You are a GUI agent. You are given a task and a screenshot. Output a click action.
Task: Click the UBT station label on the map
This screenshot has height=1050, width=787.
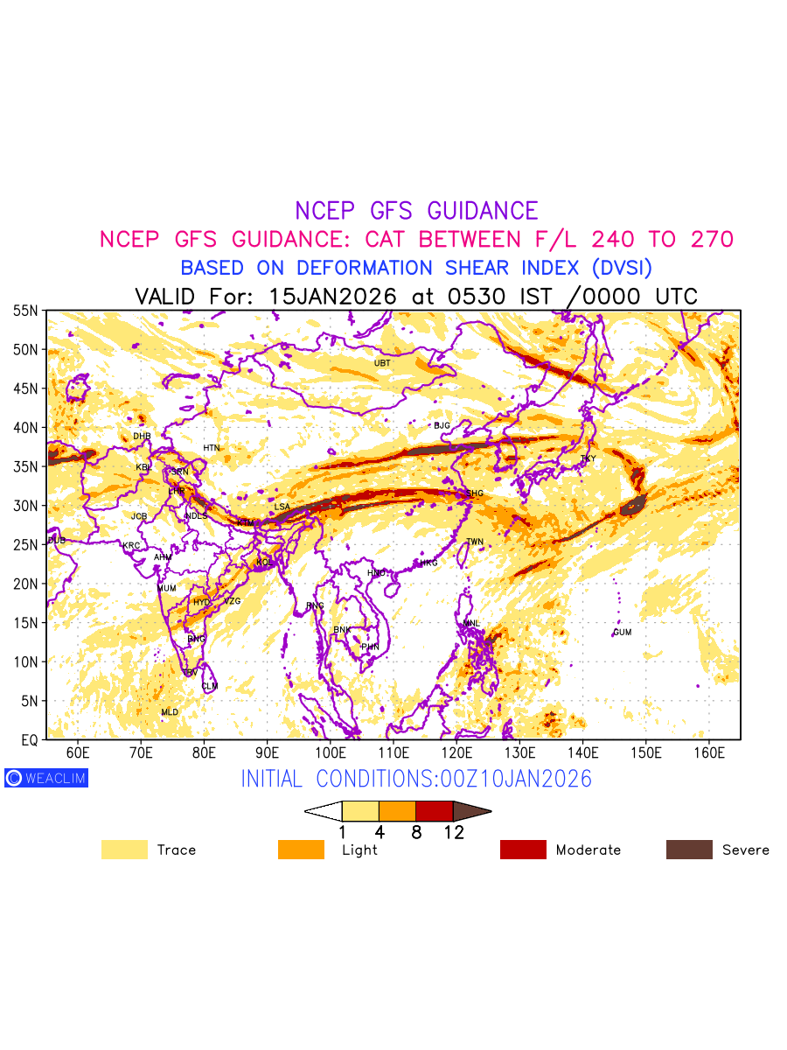(x=382, y=363)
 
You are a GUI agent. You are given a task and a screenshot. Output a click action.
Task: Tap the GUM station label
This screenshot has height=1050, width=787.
(x=622, y=633)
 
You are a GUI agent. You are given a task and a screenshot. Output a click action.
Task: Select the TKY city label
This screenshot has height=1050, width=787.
(x=588, y=458)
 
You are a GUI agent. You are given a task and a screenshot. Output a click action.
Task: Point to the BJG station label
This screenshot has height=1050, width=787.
(x=442, y=426)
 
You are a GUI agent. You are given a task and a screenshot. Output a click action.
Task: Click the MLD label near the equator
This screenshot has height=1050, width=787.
(x=170, y=712)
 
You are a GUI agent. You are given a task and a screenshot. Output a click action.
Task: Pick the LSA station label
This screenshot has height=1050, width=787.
(x=282, y=507)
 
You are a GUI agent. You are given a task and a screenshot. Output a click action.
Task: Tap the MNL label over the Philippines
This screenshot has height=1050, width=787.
(x=471, y=624)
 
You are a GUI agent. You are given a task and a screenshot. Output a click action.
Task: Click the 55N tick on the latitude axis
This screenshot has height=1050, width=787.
(x=25, y=311)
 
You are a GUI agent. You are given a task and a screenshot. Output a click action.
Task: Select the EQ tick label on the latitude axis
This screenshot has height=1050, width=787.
(x=29, y=740)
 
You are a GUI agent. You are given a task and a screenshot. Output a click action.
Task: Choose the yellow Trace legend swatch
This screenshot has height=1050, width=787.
(x=124, y=850)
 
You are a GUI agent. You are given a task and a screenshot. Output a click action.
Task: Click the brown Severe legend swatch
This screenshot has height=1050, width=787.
(x=689, y=850)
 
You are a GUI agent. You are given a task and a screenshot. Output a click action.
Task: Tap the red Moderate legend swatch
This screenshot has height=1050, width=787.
(x=523, y=850)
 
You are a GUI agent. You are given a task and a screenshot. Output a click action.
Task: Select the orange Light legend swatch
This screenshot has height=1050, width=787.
(x=301, y=850)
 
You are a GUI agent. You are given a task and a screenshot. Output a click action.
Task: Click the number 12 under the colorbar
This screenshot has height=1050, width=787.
(x=453, y=832)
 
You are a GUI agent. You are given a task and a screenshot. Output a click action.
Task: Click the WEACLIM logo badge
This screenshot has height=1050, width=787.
(x=46, y=778)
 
